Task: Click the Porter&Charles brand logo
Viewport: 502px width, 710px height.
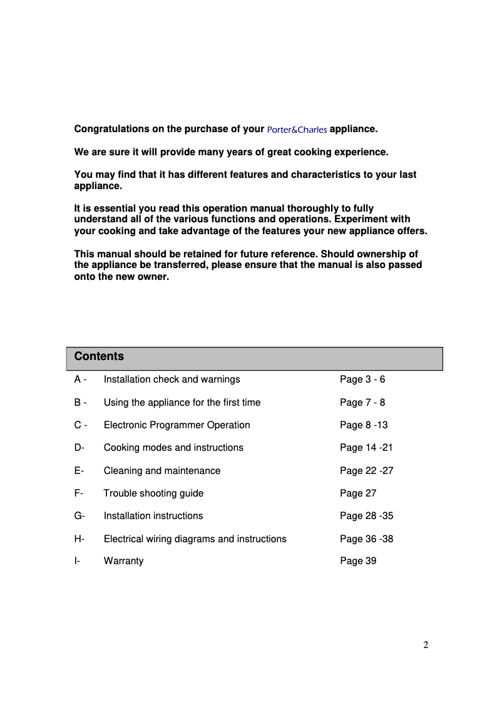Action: point(297,130)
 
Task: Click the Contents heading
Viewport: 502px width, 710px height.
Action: point(99,356)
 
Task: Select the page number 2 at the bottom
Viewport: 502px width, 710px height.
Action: point(426,646)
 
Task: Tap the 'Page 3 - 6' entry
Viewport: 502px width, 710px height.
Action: point(362,379)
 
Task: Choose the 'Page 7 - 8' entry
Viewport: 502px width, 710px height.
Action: point(362,403)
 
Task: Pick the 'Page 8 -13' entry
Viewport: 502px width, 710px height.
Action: point(364,425)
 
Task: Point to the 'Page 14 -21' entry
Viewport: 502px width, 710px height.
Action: point(366,448)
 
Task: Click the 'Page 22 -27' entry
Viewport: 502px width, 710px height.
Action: point(366,471)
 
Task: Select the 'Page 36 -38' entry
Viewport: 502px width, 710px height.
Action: point(366,539)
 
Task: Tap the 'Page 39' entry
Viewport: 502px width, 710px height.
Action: point(358,561)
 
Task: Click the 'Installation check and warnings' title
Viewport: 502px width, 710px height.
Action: point(172,379)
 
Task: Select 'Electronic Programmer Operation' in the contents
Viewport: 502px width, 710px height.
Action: point(177,425)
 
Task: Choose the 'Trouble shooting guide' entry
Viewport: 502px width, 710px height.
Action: point(153,493)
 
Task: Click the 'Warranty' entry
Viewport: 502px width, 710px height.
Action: point(123,561)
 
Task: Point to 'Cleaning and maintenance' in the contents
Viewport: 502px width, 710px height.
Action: point(161,471)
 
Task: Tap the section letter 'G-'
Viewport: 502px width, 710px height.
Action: point(79,516)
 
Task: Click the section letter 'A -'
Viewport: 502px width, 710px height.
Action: point(80,379)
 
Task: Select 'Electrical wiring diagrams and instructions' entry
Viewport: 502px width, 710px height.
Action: point(195,539)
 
